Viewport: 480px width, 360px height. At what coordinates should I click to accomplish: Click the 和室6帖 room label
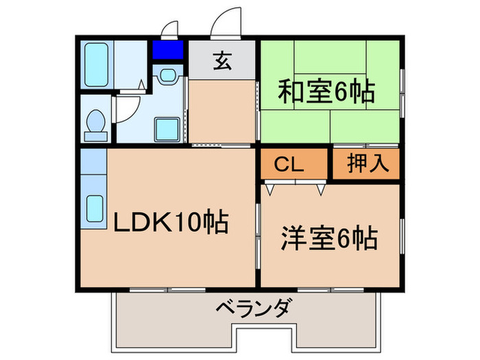(328, 92)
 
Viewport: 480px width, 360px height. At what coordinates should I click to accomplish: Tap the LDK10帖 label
(170, 223)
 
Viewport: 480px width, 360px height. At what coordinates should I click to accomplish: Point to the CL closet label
(290, 165)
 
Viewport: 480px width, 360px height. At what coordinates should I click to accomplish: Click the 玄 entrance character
(221, 60)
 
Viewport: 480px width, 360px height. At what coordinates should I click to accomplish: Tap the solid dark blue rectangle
(167, 51)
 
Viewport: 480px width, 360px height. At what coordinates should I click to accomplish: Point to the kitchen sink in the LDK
(94, 206)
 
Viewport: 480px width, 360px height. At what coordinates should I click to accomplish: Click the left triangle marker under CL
(272, 186)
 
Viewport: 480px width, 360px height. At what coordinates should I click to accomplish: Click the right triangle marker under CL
(320, 186)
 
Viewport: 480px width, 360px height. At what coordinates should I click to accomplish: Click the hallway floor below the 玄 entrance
(221, 110)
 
